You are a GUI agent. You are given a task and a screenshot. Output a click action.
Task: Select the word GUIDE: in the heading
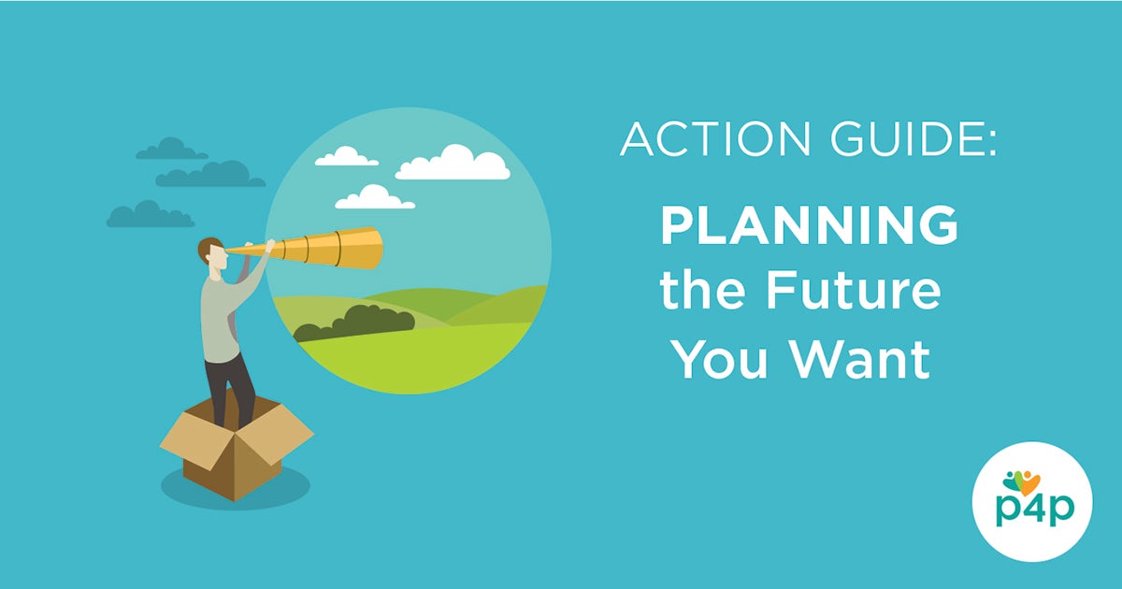tap(904, 139)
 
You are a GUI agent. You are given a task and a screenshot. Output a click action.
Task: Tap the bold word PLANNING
tap(810, 226)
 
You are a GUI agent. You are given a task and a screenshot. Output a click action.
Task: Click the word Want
tap(859, 357)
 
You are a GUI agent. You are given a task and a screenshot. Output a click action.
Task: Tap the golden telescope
tap(318, 248)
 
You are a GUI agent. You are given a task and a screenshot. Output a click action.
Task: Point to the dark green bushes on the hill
tap(355, 321)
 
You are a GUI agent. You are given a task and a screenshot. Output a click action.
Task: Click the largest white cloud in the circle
tap(453, 164)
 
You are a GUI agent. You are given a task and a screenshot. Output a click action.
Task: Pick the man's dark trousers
tap(230, 383)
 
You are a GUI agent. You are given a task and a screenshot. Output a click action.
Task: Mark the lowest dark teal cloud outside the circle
tap(150, 216)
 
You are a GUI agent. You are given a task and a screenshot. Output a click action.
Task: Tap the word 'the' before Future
tap(699, 292)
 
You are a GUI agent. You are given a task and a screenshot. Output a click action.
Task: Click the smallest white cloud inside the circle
tap(346, 157)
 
